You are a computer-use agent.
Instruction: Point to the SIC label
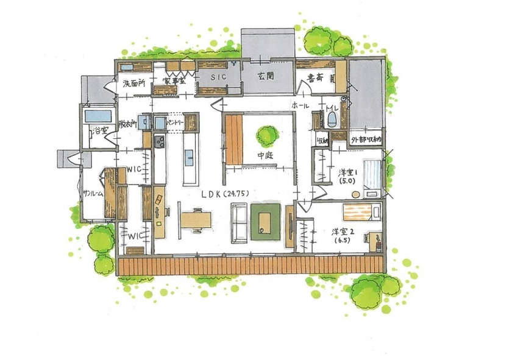pyautogui.click(x=218, y=77)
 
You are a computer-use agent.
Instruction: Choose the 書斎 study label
pyautogui.click(x=315, y=77)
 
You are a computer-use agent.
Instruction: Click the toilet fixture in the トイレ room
pyautogui.click(x=332, y=118)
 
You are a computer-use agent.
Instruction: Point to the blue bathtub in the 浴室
pyautogui.click(x=98, y=116)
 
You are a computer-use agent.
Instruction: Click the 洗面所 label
pyautogui.click(x=133, y=83)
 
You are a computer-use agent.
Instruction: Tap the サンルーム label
pyautogui.click(x=93, y=194)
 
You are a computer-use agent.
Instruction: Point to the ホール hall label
pyautogui.click(x=300, y=106)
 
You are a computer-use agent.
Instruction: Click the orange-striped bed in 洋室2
pyautogui.click(x=360, y=212)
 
